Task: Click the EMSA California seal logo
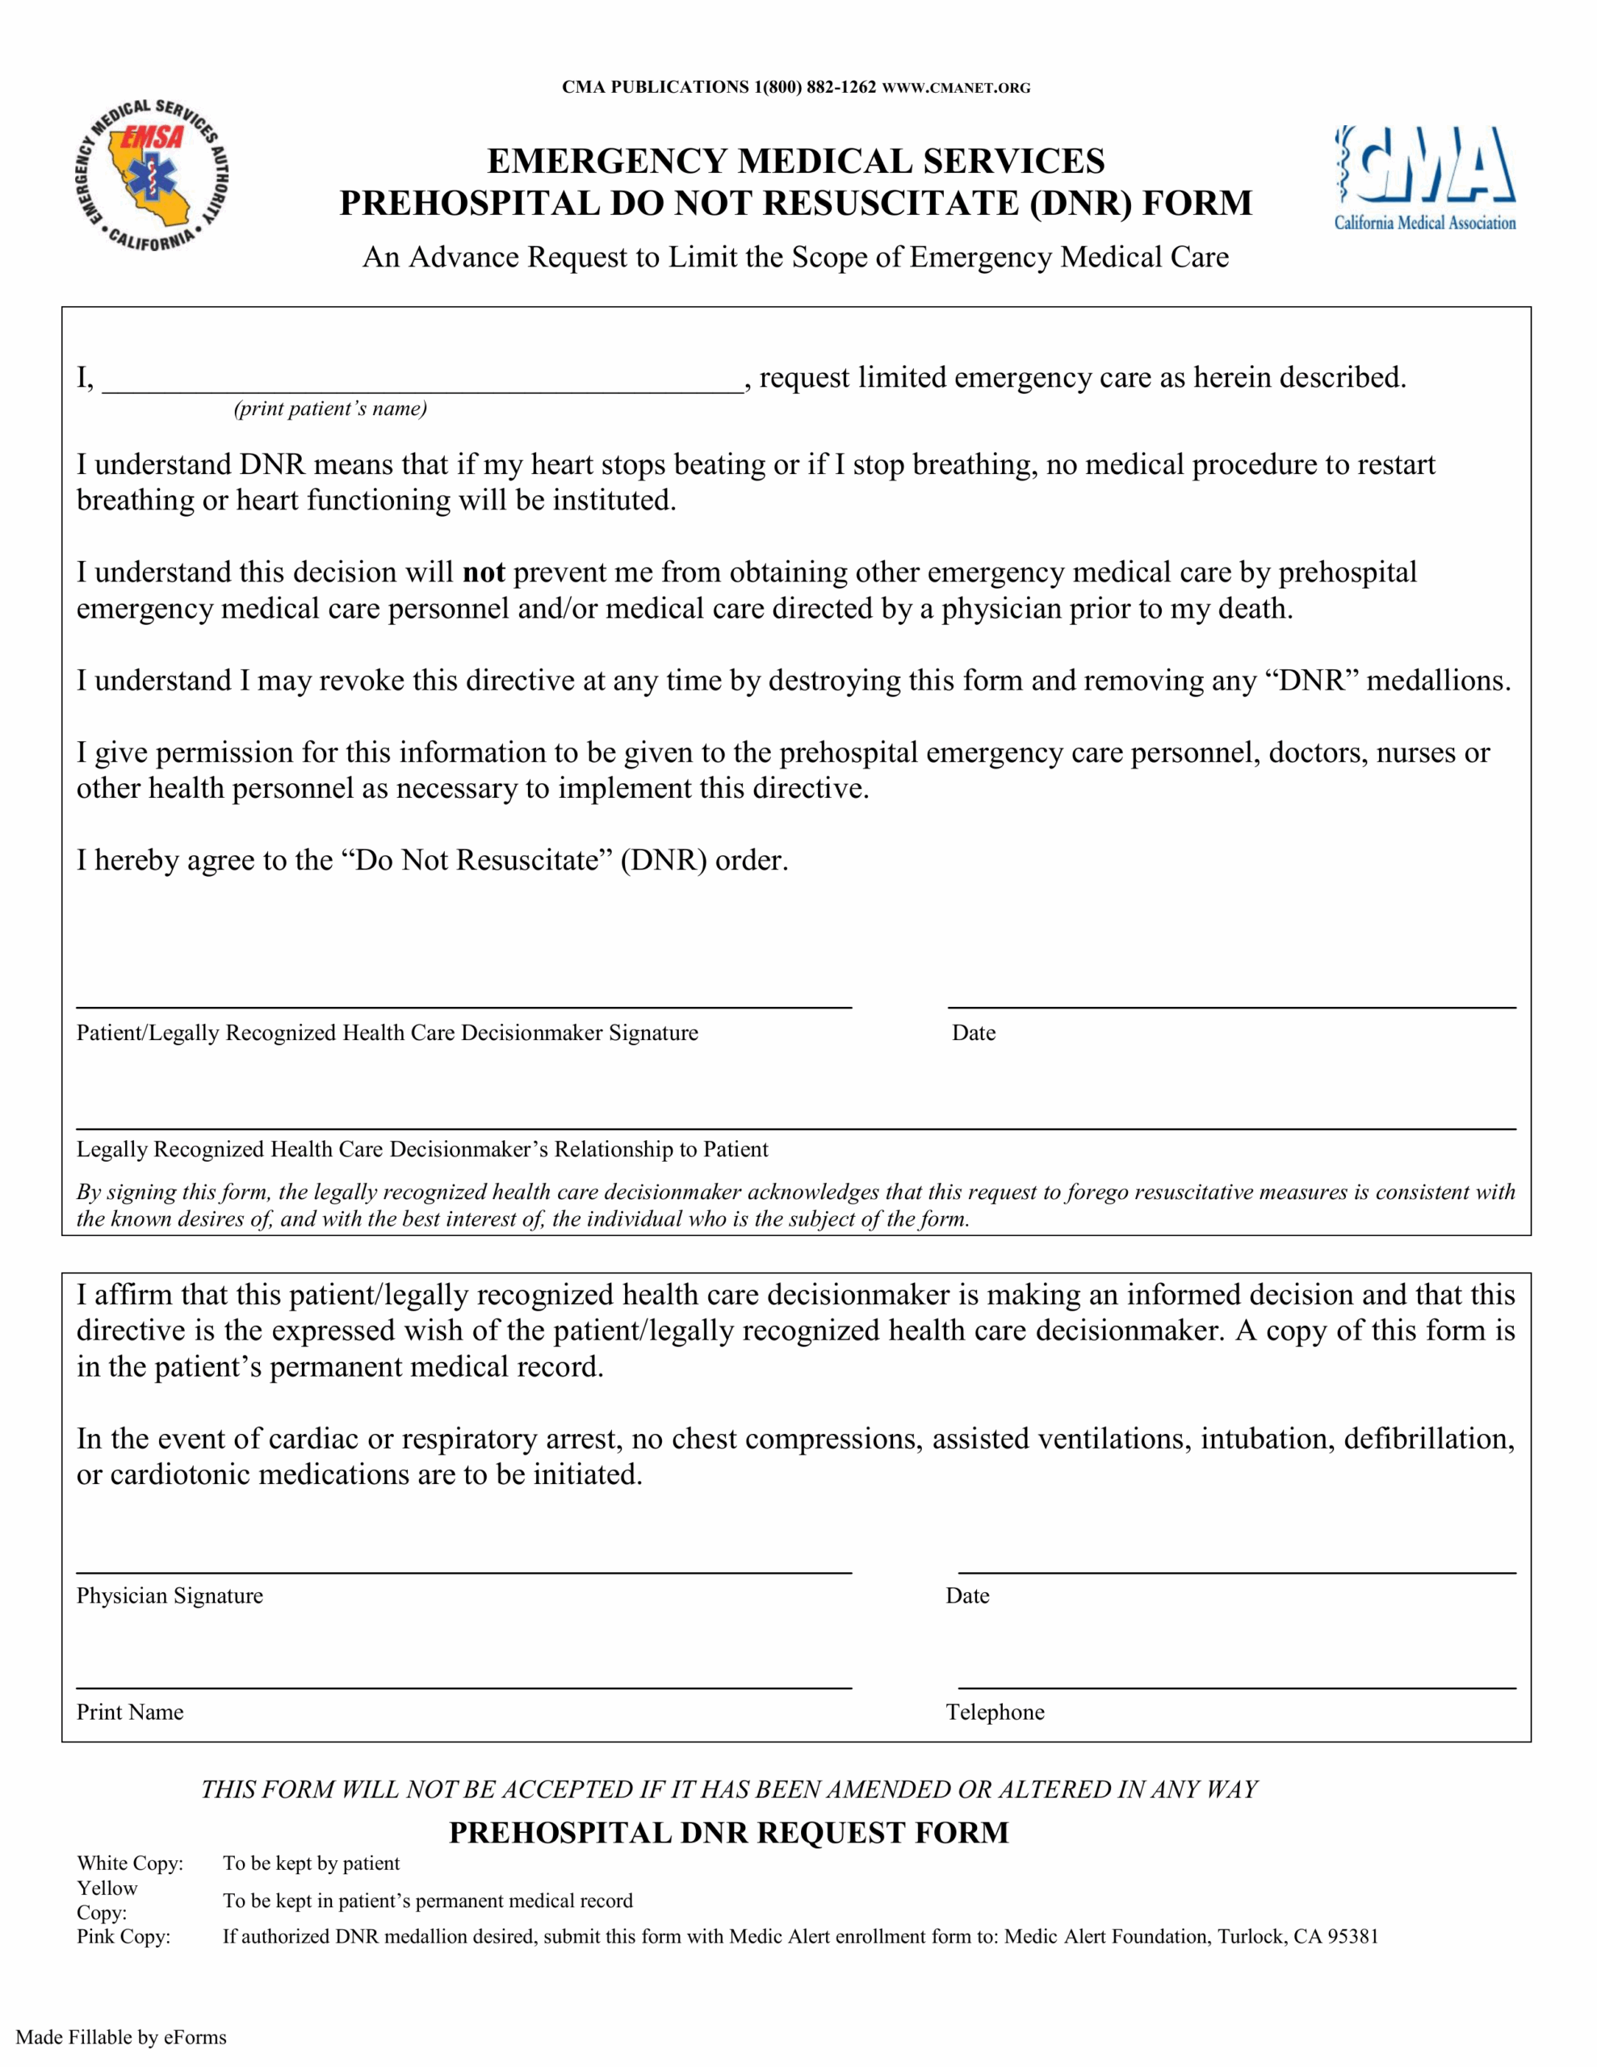(x=152, y=177)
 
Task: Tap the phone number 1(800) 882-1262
(x=815, y=87)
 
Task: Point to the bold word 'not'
(x=483, y=572)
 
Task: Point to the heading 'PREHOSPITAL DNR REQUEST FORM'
(x=728, y=1833)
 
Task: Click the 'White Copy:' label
(x=130, y=1864)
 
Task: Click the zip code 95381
(x=1352, y=1936)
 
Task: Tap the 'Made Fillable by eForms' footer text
(x=121, y=2038)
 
